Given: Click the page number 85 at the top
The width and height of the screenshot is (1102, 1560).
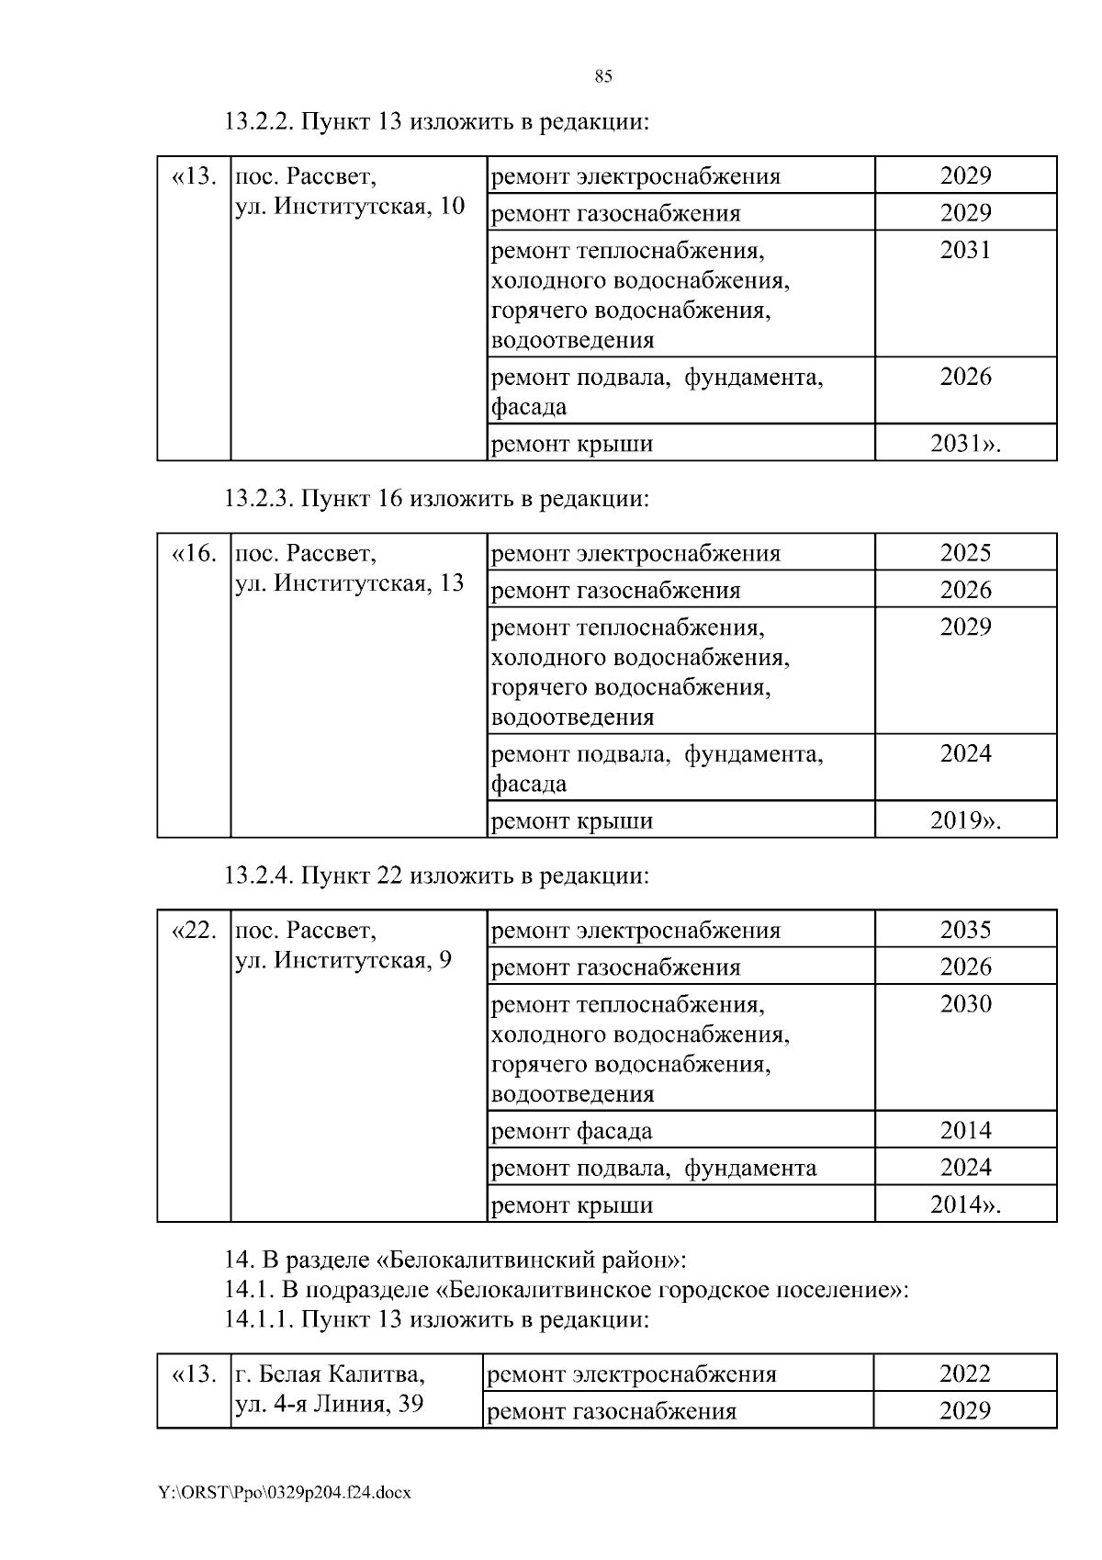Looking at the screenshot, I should pos(603,76).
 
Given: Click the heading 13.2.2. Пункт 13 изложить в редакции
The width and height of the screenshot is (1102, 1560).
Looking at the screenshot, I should pos(436,121).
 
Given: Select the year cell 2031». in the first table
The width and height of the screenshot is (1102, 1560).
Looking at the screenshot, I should pos(965,444).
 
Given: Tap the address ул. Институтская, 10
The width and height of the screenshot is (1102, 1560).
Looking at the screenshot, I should pos(350,206).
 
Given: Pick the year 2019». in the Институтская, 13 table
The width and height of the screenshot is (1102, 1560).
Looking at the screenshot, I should pos(965,820).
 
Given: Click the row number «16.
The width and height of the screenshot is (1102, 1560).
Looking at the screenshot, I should pos(194,553).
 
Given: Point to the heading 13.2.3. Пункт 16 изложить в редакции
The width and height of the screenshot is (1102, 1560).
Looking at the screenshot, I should pos(436,499).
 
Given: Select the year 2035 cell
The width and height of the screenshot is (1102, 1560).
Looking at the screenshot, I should pos(965,930).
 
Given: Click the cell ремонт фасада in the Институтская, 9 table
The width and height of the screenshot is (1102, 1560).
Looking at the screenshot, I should pos(572,1131).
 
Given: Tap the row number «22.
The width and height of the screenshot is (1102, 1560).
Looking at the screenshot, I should pos(194,930).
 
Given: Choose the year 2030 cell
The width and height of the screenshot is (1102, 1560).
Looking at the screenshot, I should pos(965,1003).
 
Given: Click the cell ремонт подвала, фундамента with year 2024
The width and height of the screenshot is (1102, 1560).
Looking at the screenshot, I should pos(654,1168).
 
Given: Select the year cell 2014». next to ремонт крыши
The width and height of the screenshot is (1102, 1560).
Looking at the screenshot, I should pos(965,1204).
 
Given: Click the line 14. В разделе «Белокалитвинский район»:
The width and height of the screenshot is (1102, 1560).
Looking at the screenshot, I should pos(455,1260).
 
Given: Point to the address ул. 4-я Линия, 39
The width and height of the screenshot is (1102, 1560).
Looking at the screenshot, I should pos(330,1404).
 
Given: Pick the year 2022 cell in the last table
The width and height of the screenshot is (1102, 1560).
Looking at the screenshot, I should pos(965,1373).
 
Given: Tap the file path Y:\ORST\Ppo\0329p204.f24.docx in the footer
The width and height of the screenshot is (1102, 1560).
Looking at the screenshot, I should pos(284,1493).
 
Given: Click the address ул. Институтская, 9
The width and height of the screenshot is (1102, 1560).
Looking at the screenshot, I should pos(343,960).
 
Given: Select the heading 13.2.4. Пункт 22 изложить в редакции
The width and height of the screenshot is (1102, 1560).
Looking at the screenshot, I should pos(436,876).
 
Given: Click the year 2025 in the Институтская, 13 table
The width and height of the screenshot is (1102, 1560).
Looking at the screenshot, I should pos(965,553).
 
